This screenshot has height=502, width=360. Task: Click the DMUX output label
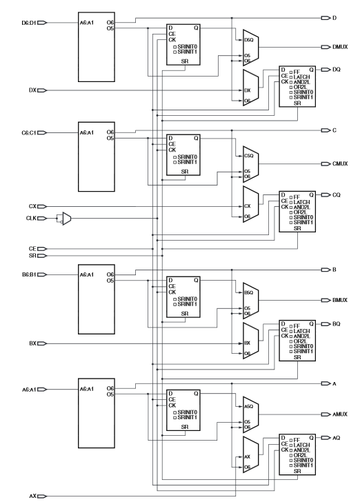coord(340,47)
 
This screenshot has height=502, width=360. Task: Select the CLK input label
coord(31,219)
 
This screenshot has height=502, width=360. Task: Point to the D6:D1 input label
coord(29,23)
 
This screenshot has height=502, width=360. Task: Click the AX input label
coord(33,496)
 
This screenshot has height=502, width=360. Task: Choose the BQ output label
coord(337,324)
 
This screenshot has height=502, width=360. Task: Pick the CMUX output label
coord(340,164)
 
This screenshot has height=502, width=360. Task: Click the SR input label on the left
coord(32,256)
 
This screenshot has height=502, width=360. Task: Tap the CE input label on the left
coord(32,249)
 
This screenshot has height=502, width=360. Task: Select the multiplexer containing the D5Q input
coord(251,48)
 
